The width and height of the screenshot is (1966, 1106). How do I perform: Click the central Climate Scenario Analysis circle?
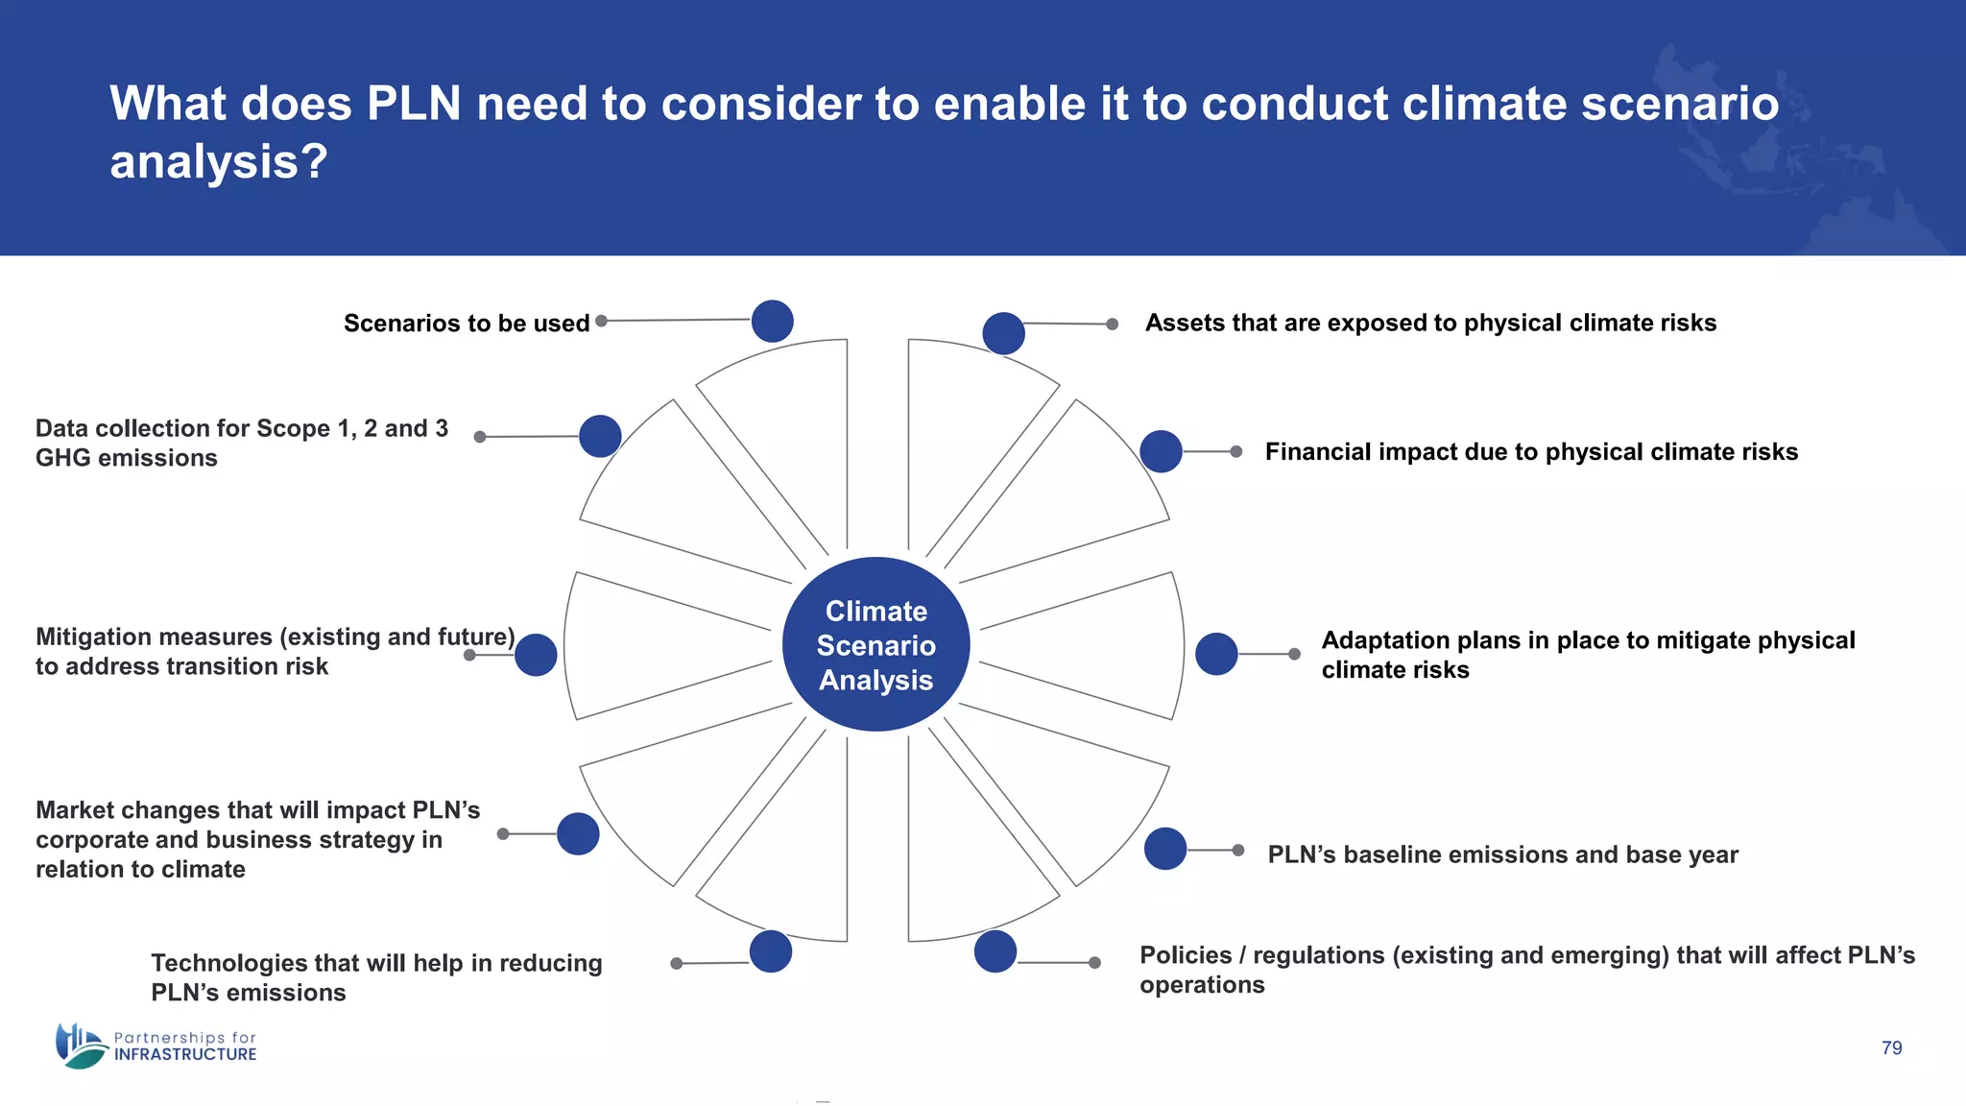[875, 644]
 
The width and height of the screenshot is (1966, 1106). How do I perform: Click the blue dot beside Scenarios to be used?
[772, 321]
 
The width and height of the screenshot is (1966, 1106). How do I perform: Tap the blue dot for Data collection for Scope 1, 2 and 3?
[600, 436]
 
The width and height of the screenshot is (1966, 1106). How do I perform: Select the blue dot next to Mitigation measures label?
[536, 655]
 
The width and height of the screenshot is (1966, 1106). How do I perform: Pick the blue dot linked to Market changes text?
[578, 833]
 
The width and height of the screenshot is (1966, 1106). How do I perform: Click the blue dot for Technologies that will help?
[770, 951]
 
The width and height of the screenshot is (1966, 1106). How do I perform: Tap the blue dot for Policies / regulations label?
[995, 951]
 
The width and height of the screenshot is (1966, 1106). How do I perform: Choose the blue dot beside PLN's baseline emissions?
[1164, 849]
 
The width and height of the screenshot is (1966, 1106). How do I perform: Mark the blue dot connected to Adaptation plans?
[1216, 654]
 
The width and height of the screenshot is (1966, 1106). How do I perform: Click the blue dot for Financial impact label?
[1161, 451]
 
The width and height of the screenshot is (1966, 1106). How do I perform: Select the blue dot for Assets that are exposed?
[1003, 333]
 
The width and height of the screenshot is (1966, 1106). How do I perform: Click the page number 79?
[1891, 1047]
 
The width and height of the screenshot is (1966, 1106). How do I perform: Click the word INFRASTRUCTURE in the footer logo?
[185, 1054]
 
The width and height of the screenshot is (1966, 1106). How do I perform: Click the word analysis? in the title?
[218, 161]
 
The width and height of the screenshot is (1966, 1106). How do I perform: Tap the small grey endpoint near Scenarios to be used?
[601, 321]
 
